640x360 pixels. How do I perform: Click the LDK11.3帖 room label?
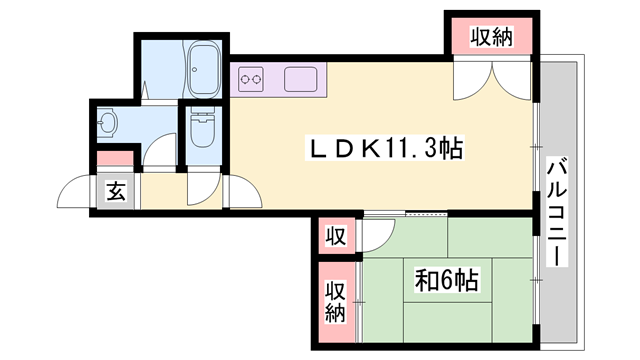[384, 150]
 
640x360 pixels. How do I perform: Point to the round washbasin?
[109, 124]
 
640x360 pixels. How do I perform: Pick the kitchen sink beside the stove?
[299, 78]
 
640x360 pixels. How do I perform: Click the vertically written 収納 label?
[334, 300]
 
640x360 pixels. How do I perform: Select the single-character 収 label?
[335, 237]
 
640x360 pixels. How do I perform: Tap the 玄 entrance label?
[116, 190]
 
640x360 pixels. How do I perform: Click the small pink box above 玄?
[115, 158]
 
